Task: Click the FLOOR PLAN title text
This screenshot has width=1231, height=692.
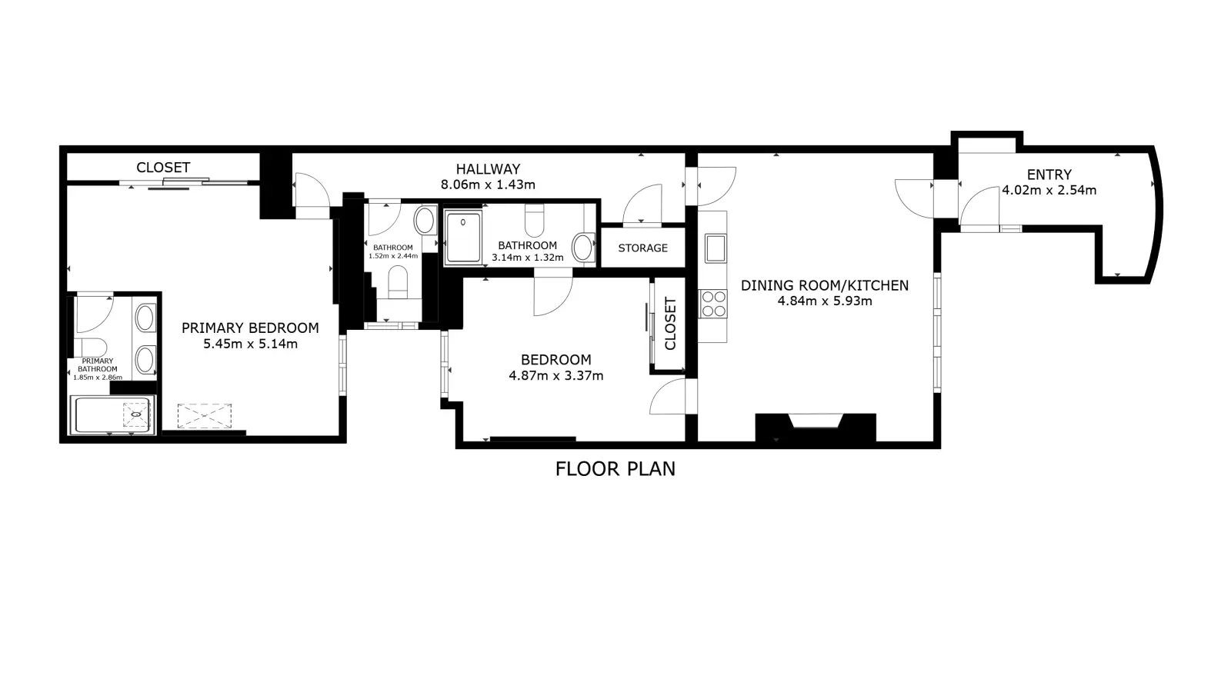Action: (615, 469)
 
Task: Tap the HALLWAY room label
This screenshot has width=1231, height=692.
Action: (488, 168)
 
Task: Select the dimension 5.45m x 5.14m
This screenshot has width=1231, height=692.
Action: (251, 344)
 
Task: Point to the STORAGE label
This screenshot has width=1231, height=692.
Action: (643, 248)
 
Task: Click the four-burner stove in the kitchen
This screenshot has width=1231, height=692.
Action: (712, 304)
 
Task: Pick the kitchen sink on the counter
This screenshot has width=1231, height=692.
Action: (716, 248)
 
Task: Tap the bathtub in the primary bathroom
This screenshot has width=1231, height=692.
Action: (112, 415)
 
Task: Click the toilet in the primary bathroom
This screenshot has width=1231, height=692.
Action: (90, 348)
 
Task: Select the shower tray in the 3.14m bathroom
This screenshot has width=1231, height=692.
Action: (463, 238)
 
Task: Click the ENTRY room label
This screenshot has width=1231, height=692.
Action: (1049, 175)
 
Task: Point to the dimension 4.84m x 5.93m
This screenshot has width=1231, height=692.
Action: (824, 301)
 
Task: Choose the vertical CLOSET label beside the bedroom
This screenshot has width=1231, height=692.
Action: (670, 324)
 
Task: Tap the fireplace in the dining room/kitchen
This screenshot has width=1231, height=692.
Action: (816, 427)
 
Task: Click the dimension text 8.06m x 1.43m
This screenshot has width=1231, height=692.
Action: (488, 185)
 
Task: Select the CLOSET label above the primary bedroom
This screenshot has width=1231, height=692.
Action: (163, 168)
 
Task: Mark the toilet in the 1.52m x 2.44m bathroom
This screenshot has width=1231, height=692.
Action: (398, 281)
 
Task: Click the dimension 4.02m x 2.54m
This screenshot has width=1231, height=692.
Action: (1049, 190)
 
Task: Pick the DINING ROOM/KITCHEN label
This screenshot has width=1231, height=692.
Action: (824, 285)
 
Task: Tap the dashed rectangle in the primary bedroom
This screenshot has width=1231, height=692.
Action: (205, 416)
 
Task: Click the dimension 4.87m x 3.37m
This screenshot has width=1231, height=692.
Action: (556, 376)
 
